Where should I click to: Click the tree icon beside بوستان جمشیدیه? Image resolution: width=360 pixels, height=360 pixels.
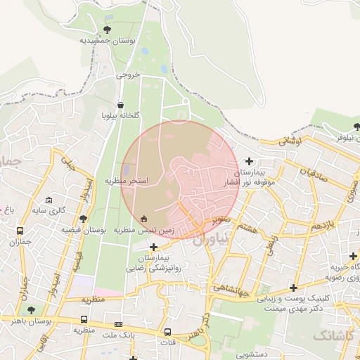(107, 30)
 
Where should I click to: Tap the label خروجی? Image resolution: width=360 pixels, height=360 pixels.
(128, 73)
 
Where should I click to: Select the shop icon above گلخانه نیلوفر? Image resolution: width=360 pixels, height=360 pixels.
(122, 105)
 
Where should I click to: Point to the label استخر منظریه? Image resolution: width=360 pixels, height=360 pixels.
(128, 181)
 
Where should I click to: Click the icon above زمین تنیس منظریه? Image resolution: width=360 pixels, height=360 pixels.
(144, 217)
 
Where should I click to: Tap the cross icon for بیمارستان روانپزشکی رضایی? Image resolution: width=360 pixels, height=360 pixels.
(154, 247)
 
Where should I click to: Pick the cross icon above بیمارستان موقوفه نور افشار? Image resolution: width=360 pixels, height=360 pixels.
(249, 161)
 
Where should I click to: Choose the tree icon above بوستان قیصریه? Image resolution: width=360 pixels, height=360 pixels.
(84, 219)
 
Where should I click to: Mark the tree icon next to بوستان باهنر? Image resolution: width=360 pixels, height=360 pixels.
(30, 309)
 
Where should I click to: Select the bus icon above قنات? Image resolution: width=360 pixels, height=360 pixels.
(168, 333)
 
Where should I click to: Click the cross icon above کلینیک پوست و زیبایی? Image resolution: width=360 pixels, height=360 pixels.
(293, 288)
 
